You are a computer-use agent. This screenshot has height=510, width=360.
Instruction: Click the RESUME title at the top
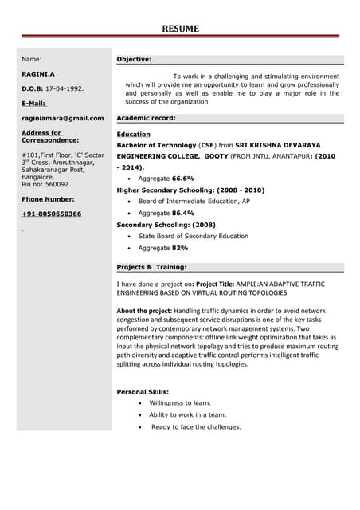(x=181, y=29)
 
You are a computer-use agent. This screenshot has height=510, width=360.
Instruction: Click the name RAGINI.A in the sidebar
(x=38, y=73)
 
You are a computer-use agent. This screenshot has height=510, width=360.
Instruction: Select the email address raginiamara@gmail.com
(x=62, y=118)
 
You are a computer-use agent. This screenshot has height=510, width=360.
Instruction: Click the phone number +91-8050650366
(x=51, y=214)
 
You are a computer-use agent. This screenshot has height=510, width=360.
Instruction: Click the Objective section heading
(x=134, y=59)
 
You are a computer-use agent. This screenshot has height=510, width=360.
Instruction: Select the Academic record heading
(x=146, y=118)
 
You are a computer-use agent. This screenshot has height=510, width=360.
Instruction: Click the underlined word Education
(x=133, y=135)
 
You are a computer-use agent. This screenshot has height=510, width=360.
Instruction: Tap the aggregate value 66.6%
(x=183, y=179)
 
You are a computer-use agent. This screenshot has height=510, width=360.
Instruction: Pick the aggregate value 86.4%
(x=183, y=214)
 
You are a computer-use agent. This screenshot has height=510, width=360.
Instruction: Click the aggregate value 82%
(x=179, y=248)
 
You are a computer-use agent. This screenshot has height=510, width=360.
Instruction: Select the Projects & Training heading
(x=151, y=267)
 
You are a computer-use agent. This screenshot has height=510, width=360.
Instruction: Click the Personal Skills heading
(x=143, y=392)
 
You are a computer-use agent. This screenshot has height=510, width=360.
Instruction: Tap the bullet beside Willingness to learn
(x=140, y=403)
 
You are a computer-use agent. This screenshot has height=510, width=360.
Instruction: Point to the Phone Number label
(x=48, y=198)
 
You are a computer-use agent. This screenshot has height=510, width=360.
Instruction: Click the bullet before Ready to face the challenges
(x=140, y=427)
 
